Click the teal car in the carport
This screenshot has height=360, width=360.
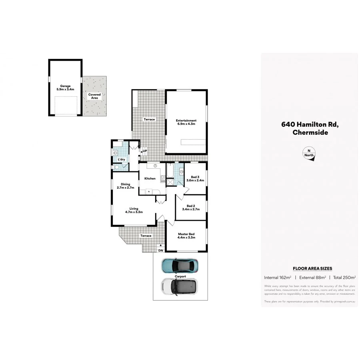tap(180, 264)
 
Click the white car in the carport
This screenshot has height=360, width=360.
tap(180, 286)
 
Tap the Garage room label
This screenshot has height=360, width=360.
tap(65, 88)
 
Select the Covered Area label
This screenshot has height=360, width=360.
tap(94, 96)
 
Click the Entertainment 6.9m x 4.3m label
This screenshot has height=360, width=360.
tap(186, 122)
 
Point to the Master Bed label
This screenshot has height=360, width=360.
tap(186, 236)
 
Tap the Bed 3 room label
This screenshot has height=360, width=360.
tap(195, 178)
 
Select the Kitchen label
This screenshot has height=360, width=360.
tap(150, 178)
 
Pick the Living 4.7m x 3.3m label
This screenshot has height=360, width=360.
tap(134, 210)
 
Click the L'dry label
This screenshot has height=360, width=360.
tap(121, 160)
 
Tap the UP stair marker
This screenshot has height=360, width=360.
tap(144, 151)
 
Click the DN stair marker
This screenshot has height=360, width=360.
tap(160, 250)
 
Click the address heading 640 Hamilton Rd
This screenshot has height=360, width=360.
tap(310, 124)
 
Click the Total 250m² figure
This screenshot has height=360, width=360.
tap(344, 277)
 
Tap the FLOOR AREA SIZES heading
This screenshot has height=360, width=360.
tap(312, 269)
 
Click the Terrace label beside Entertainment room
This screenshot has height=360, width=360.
tap(149, 120)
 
